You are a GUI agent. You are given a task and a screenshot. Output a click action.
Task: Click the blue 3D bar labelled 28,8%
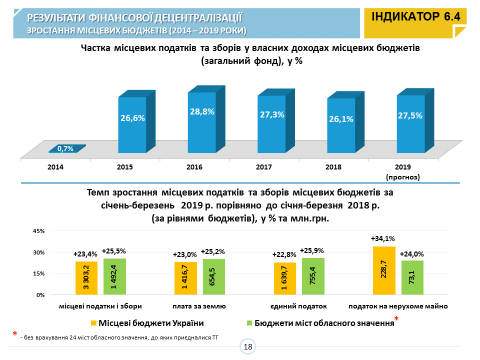click(202, 122)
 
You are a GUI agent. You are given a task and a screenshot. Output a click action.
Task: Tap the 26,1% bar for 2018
click(341, 125)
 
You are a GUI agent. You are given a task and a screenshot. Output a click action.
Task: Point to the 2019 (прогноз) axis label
click(402, 171)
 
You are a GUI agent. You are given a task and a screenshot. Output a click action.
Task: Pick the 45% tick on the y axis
click(39, 231)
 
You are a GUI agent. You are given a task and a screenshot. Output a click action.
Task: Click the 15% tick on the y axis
click(39, 273)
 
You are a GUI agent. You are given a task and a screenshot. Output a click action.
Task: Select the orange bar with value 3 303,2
click(86, 278)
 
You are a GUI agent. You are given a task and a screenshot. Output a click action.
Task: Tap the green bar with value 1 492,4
click(114, 276)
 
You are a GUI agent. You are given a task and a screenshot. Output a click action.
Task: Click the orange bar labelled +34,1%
click(384, 270)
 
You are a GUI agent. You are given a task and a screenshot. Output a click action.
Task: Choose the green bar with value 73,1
click(412, 277)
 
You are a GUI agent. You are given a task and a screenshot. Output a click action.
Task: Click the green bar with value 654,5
click(213, 277)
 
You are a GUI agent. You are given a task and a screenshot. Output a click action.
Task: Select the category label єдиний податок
click(298, 306)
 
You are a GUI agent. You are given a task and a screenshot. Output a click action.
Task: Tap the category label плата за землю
click(199, 306)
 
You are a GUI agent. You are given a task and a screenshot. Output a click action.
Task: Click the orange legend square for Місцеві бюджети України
click(94, 323)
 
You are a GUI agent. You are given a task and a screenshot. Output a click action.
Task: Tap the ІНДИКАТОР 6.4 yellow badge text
click(415, 16)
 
